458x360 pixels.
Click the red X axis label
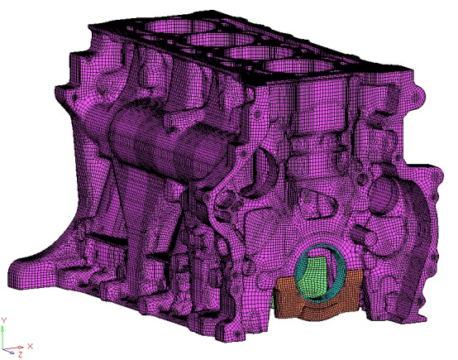point(30,347)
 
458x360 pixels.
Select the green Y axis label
point(3,320)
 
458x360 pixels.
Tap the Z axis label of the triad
point(20,355)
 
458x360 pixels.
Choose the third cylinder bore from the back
point(260,53)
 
